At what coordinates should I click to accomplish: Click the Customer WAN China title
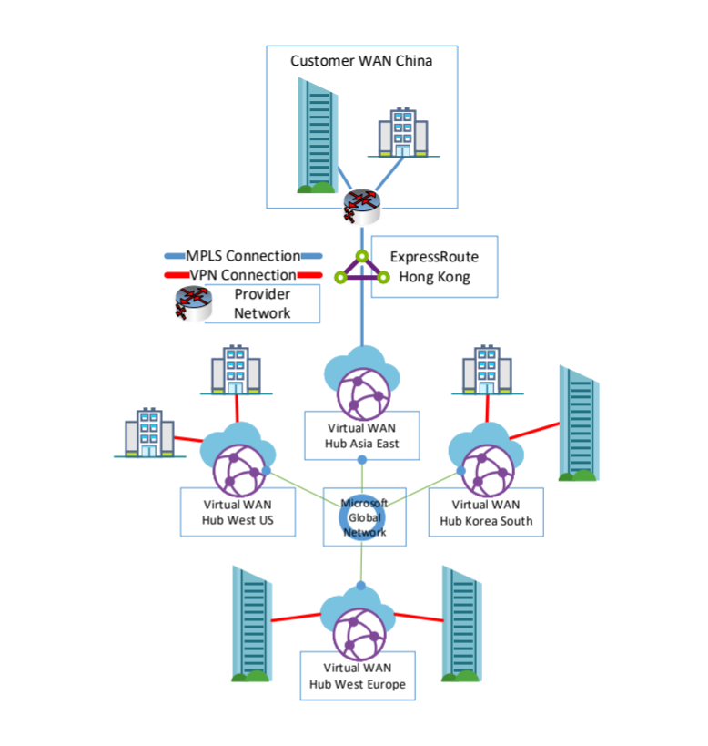coord(361,61)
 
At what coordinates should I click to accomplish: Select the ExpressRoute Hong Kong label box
coord(434,266)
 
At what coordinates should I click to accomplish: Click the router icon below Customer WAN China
coord(360,206)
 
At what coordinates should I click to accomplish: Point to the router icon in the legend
coord(193,303)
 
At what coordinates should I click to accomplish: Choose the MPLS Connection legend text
coord(243,256)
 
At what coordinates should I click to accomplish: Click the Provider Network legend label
coord(262,303)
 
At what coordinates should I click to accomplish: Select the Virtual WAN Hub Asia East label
coord(362,435)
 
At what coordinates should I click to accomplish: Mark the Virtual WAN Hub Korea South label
coord(485,512)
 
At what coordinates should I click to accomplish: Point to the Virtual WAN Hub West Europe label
coord(357,675)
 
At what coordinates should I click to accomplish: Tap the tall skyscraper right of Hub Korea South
coord(579,423)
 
